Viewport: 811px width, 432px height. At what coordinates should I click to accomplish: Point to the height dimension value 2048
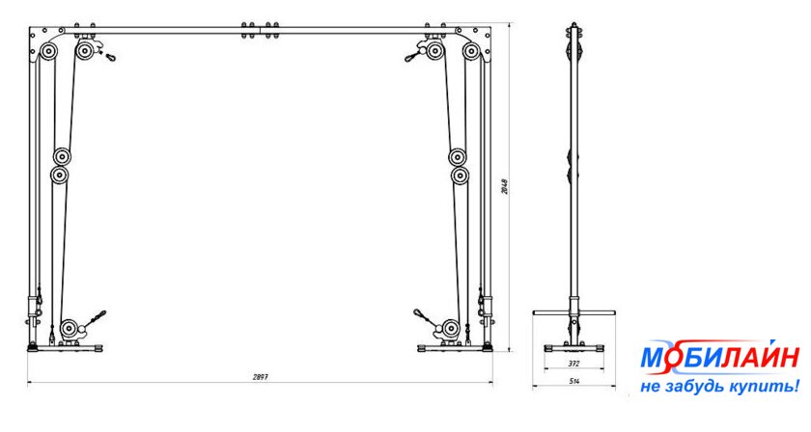tap(504, 187)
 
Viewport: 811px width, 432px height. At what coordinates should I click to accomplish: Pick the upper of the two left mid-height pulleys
tap(64, 156)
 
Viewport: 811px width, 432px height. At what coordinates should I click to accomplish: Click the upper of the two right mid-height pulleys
tap(459, 156)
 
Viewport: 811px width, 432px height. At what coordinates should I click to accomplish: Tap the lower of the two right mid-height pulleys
tap(460, 175)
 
